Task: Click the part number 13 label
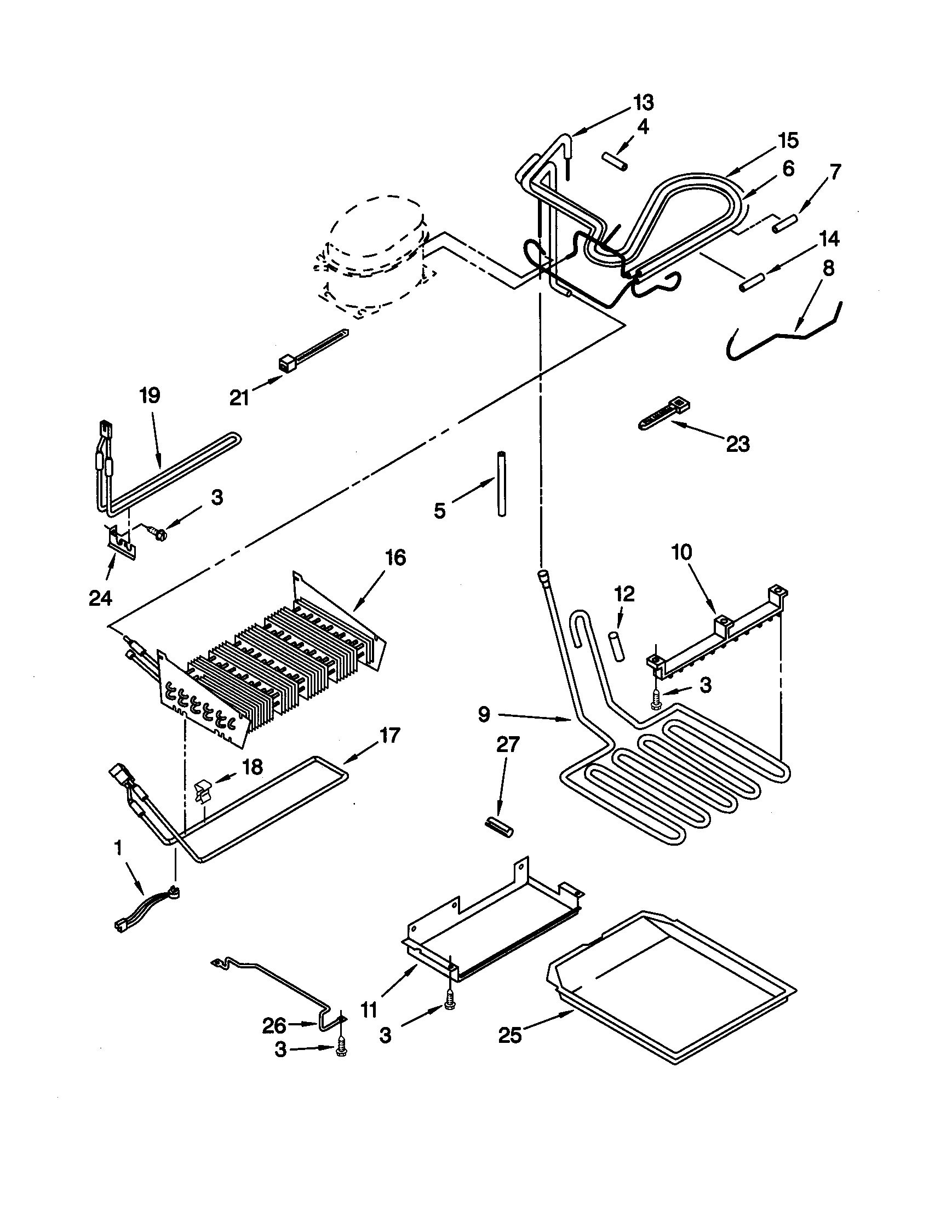(x=643, y=102)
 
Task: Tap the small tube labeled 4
(x=614, y=163)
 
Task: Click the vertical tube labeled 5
(x=501, y=484)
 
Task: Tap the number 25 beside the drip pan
(x=511, y=1036)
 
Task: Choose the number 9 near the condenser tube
(x=483, y=715)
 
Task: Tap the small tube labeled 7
(x=785, y=224)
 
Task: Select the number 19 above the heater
(x=150, y=395)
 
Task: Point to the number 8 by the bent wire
(x=828, y=269)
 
